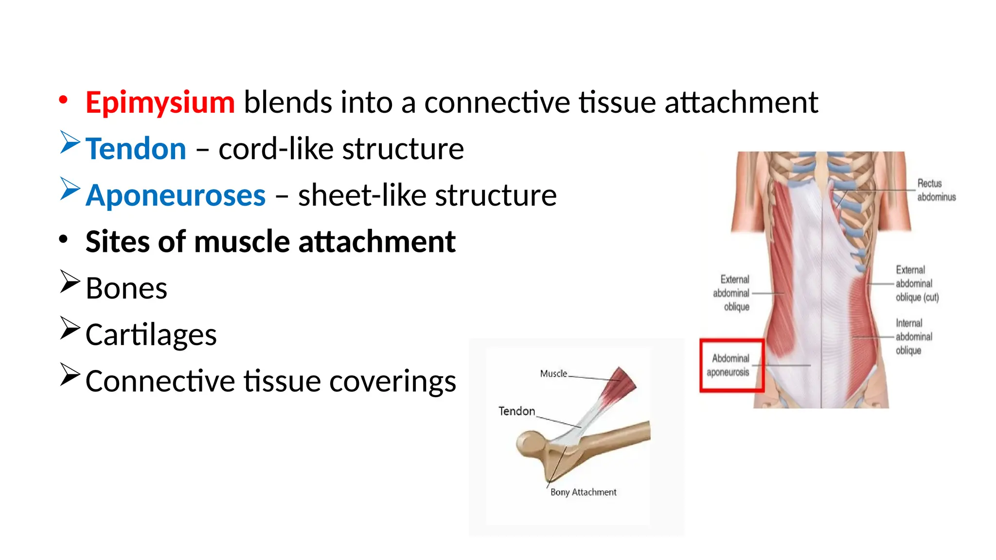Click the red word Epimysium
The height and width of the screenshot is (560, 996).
click(x=160, y=103)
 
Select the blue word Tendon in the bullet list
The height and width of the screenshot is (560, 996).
click(x=136, y=149)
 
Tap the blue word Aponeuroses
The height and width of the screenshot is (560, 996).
click(x=176, y=195)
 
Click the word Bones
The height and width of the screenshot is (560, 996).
click(x=126, y=288)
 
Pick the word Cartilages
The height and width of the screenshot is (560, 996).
click(x=151, y=335)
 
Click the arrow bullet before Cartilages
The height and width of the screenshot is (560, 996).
click(x=70, y=328)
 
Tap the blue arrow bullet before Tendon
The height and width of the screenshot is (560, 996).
click(x=70, y=142)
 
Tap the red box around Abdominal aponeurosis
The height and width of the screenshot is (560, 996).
click(x=732, y=366)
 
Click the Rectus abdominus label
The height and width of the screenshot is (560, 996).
click(x=936, y=190)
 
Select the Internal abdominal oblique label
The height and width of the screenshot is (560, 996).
click(x=913, y=337)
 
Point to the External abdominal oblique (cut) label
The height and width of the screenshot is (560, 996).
click(x=917, y=283)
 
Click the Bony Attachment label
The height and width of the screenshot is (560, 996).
click(x=583, y=492)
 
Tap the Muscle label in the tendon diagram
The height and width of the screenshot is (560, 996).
click(x=553, y=374)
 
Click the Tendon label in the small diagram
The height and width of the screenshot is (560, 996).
click(x=516, y=411)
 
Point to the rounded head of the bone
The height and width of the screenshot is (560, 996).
click(x=530, y=442)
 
